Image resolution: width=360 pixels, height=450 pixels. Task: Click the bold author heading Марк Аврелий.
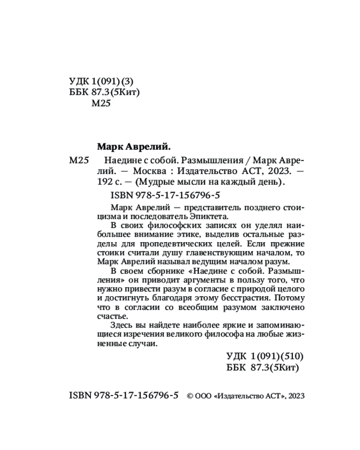click(x=134, y=146)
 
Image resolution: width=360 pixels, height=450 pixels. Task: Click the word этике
click(x=197, y=234)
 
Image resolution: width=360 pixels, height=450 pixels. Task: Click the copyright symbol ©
click(x=190, y=396)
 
